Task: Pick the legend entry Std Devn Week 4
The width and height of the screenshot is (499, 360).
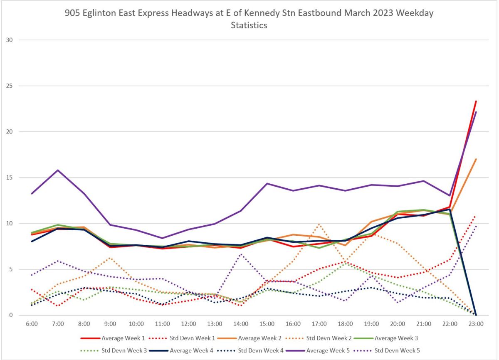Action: [x=261, y=350]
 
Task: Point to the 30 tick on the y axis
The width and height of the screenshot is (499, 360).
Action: [x=10, y=40]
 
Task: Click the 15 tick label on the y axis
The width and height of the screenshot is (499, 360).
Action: [x=10, y=178]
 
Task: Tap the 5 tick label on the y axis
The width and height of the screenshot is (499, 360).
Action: [x=11, y=269]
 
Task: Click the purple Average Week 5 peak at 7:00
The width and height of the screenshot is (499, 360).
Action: [x=58, y=170]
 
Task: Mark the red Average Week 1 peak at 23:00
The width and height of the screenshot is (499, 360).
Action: [x=476, y=101]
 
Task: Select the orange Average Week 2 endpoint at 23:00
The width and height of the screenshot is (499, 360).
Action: [x=476, y=159]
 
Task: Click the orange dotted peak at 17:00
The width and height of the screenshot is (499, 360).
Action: [x=319, y=224]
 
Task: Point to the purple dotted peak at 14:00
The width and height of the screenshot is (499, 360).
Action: [x=241, y=254]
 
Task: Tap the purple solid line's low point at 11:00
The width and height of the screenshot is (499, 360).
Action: [x=162, y=238]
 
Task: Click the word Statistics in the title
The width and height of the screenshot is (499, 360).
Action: [x=249, y=25]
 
